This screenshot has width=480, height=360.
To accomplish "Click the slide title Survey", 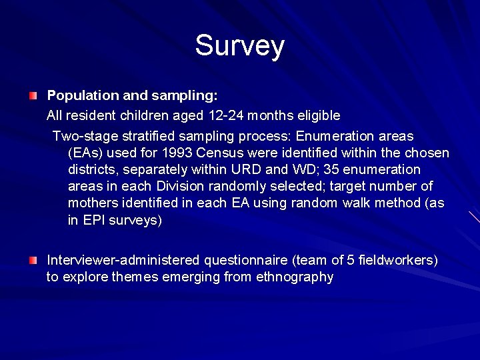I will pos(240,46).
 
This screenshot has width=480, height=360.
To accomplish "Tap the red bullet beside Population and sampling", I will pos(33,97).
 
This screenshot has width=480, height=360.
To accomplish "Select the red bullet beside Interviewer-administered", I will pos(33,259).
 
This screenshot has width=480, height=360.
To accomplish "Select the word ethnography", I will pos(295,276).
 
